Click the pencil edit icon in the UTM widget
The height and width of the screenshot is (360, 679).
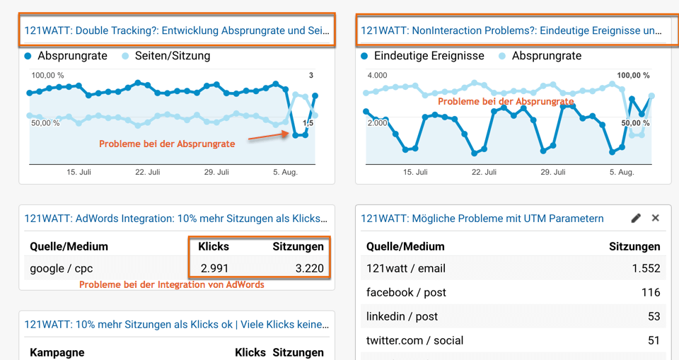(x=636, y=219)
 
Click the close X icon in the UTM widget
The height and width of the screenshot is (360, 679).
(x=656, y=219)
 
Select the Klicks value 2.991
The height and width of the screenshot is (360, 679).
(x=214, y=269)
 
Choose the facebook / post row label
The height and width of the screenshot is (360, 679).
(x=406, y=293)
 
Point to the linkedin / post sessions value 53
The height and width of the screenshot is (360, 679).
(x=654, y=317)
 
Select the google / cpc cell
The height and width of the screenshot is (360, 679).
(x=62, y=269)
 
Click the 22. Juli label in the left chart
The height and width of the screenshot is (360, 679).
(x=149, y=172)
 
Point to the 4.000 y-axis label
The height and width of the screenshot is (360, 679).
(x=377, y=76)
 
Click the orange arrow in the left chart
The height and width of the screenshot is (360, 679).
(x=266, y=137)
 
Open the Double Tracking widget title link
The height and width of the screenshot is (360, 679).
(x=177, y=31)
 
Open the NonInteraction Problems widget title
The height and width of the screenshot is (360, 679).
(x=511, y=31)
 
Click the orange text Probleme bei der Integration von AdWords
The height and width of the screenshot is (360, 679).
(x=172, y=285)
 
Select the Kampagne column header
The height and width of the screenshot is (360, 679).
(x=57, y=352)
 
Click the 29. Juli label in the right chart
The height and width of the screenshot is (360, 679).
(x=553, y=172)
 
